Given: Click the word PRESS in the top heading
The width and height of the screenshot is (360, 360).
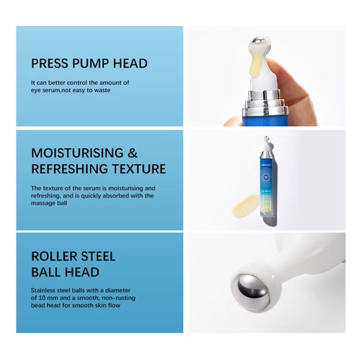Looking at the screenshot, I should point(49,63).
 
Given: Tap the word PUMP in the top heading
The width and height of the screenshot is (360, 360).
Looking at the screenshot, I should point(91,63).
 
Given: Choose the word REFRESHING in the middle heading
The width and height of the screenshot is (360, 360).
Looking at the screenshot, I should point(73,169).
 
